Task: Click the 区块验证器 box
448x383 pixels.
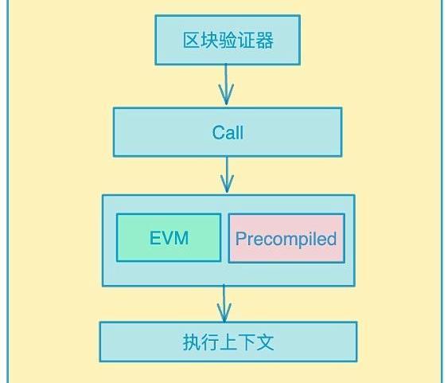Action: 228,40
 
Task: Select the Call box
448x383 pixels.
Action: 228,132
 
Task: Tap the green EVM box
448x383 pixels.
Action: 169,237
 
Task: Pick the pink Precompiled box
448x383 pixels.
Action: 286,238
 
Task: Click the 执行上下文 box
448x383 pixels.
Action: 228,342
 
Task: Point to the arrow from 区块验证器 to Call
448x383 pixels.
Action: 226,84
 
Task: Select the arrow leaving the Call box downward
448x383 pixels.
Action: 227,174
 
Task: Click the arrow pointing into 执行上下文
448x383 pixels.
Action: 224,303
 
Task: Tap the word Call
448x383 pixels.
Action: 228,133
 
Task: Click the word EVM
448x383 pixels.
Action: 169,238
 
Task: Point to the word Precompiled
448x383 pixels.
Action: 286,239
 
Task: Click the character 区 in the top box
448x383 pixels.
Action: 192,40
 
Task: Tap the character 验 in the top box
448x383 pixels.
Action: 228,40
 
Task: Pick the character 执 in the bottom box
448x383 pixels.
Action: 192,342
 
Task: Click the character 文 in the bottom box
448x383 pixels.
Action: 265,342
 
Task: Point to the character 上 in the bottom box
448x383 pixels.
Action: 228,342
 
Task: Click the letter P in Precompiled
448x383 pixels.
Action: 241,238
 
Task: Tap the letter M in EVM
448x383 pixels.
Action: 181,238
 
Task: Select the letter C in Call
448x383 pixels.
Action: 218,133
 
